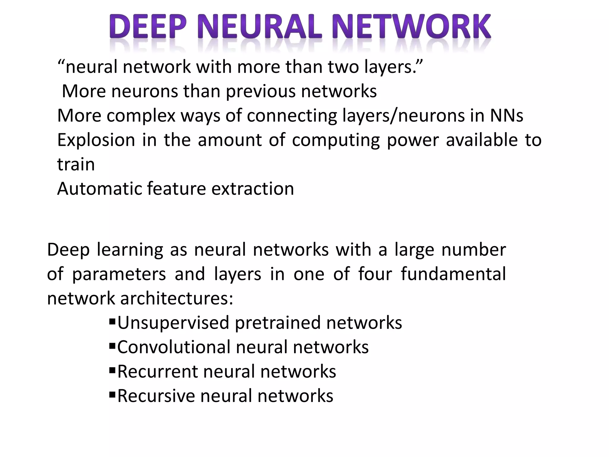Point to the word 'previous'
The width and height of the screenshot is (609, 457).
point(260,91)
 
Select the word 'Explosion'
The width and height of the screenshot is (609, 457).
point(96,140)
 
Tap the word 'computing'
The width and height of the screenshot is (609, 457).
point(336,141)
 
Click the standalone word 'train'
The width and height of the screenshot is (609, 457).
point(76,165)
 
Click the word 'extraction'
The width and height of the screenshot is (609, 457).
point(252,189)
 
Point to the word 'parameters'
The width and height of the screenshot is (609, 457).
point(119,274)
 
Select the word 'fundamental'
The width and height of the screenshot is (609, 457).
point(453,274)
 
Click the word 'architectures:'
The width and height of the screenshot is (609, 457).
point(177,298)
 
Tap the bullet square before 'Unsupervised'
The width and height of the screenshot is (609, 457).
point(112,322)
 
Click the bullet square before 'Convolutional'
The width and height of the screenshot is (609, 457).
point(112,346)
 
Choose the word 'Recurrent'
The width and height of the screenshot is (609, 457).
point(158,372)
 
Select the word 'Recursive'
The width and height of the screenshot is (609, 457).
point(156,396)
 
